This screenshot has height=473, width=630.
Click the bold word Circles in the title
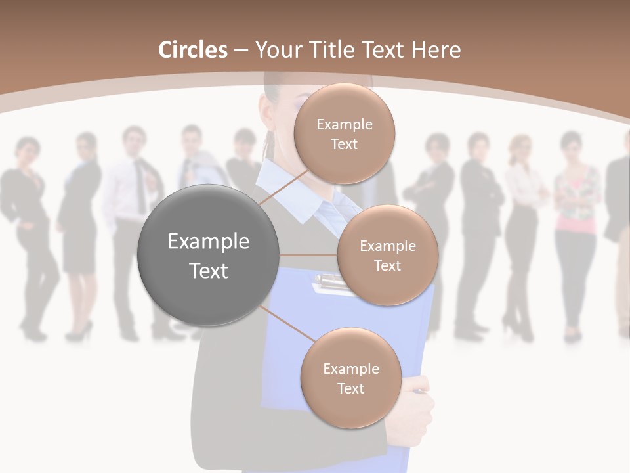(x=192, y=50)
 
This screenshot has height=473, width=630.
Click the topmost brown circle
(x=344, y=133)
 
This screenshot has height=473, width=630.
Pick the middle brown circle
(x=387, y=256)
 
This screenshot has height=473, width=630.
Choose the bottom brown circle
(x=350, y=378)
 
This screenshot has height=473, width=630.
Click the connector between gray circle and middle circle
(x=308, y=255)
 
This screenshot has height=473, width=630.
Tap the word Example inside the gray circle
(x=209, y=242)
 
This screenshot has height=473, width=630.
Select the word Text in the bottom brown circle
(x=350, y=388)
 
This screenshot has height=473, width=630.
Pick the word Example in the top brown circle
(x=344, y=124)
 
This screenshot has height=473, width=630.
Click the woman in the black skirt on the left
(x=81, y=230)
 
